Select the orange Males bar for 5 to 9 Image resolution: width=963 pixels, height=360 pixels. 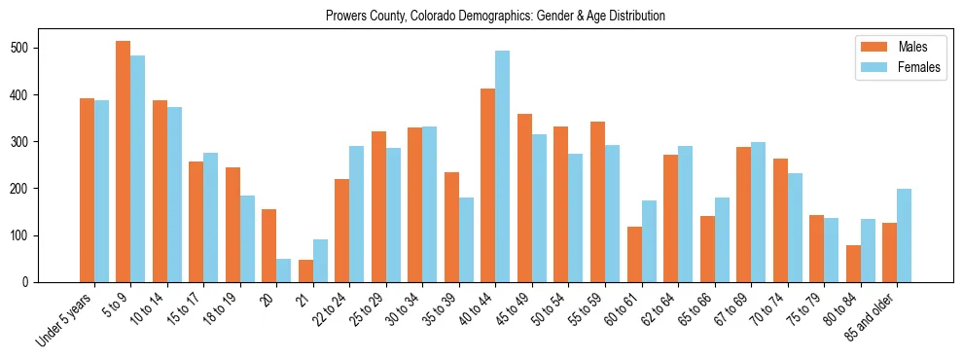click(x=124, y=162)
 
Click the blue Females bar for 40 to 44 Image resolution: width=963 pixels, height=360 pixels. click(x=503, y=166)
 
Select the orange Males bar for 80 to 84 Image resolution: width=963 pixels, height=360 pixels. click(x=853, y=264)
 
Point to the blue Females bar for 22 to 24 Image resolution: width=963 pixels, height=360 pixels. click(x=357, y=214)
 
